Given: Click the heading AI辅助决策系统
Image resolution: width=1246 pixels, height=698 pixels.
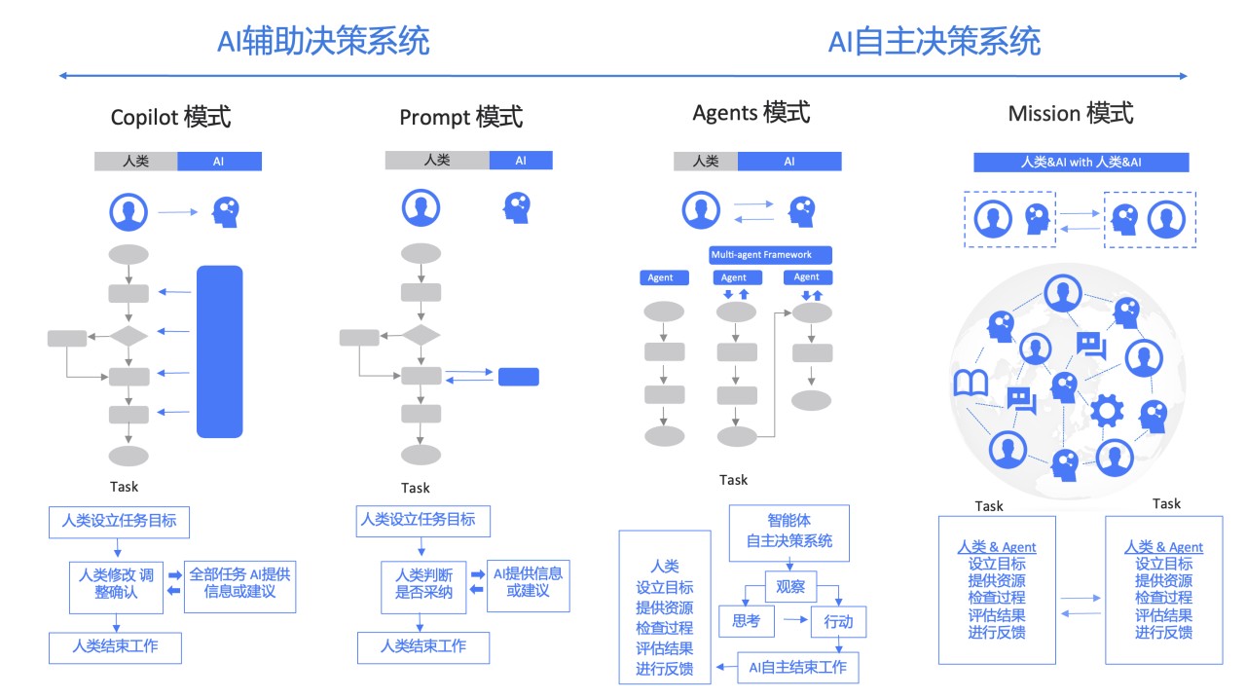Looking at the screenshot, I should point(324,42).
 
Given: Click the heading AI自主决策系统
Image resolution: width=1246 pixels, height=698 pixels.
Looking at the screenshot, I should point(934,42).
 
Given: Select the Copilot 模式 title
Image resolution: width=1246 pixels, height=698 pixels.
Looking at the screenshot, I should point(170,118).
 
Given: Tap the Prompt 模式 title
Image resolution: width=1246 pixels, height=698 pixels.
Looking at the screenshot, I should point(460,118).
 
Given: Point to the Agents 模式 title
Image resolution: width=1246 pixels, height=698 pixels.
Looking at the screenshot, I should point(751,113).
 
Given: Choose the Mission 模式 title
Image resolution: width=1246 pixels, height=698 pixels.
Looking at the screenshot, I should point(1071,114).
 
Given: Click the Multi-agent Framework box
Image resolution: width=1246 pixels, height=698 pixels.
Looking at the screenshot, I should point(771,255).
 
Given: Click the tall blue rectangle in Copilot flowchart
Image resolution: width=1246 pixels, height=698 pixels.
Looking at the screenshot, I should point(219,351).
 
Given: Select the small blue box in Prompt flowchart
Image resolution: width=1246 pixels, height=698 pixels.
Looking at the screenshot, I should point(518,377).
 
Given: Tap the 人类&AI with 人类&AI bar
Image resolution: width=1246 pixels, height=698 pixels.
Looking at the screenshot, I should point(1081,163).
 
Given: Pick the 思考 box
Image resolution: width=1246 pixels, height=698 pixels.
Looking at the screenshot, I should point(746,620).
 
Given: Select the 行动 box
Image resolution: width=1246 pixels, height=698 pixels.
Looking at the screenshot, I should point(837,621).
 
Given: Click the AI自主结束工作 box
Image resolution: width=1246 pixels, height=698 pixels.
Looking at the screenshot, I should point(797,667).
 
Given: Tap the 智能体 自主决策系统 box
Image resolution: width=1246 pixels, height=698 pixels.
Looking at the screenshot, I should point(788,533).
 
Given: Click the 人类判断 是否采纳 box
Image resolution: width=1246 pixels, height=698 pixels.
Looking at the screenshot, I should point(423,582).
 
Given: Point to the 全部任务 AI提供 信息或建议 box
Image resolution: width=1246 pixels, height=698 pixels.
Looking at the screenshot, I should point(238,582).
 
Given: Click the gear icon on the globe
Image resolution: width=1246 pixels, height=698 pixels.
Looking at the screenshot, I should point(1106,411).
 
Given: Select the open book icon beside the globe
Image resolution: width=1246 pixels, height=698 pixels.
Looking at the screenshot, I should point(971,384).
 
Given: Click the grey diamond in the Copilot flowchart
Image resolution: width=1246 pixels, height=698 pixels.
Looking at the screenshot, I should point(128,337).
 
